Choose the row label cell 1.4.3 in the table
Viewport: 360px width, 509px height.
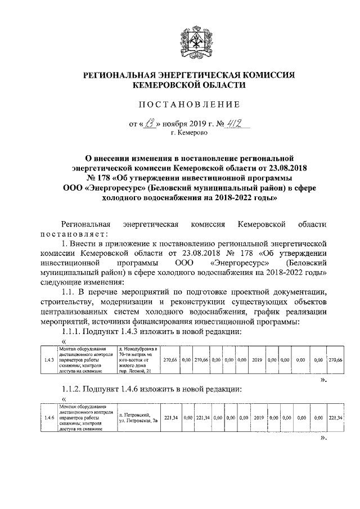49,360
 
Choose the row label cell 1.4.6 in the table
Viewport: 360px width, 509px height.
49,417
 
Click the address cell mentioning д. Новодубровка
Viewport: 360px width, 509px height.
138,360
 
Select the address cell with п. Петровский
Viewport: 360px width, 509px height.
138,417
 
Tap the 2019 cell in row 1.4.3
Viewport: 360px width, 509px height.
258,360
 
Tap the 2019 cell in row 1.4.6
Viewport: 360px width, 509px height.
258,417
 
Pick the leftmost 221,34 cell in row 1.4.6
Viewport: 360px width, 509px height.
170,417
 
